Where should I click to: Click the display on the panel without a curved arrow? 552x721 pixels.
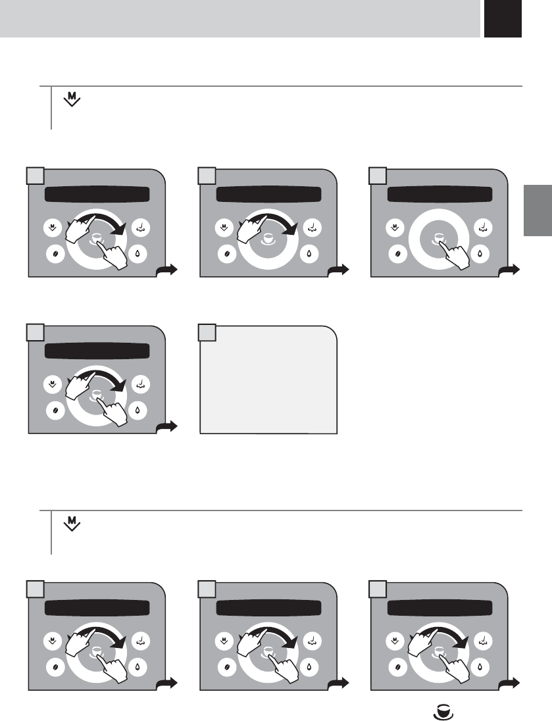pos(440,195)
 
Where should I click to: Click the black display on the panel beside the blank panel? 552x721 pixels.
pos(97,351)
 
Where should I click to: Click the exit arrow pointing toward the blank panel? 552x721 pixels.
pos(166,428)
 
